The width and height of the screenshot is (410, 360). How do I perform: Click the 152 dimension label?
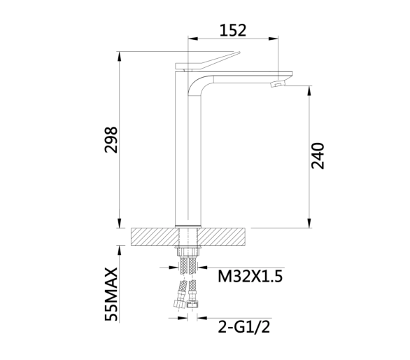pos(233,30)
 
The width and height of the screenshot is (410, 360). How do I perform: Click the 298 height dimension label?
pos(111,139)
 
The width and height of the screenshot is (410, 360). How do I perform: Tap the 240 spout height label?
pos(318,155)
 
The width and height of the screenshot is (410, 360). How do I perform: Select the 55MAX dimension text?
pos(111,294)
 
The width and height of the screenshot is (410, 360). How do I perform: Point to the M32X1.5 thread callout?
pos(250,277)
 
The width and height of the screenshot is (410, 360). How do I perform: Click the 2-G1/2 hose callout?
pos(244,327)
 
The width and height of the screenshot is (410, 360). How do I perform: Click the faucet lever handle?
pos(208,62)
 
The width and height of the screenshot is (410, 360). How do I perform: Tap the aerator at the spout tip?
pos(278,84)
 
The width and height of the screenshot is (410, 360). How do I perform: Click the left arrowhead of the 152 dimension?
pos(193,39)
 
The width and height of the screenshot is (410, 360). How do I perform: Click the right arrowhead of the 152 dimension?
pos(274,39)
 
